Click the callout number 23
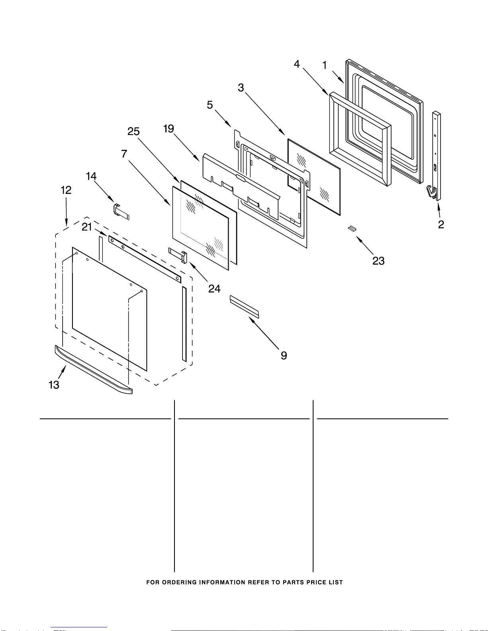(x=378, y=261)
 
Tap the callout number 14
(x=91, y=176)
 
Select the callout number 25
(x=133, y=131)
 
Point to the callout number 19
(x=169, y=129)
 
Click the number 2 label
(x=441, y=225)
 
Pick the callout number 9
(x=284, y=356)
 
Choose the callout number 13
(x=54, y=385)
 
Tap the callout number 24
(x=214, y=289)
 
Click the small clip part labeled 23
(x=351, y=228)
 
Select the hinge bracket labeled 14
(x=122, y=211)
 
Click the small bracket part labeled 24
(x=178, y=255)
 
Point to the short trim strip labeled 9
(x=244, y=306)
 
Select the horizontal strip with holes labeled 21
(x=144, y=259)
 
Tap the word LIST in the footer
(x=335, y=582)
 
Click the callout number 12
(x=66, y=190)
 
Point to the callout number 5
(x=210, y=105)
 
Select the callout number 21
(x=87, y=227)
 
